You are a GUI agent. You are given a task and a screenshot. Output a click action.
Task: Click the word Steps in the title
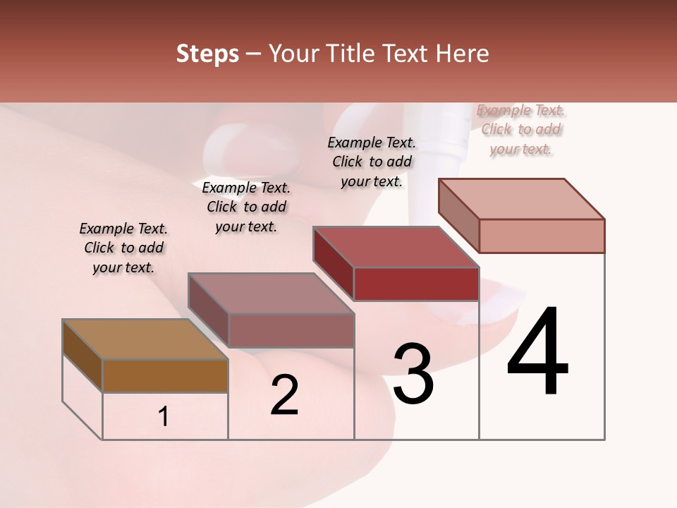pyautogui.click(x=207, y=54)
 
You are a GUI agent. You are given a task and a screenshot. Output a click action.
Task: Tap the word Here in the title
pyautogui.click(x=463, y=54)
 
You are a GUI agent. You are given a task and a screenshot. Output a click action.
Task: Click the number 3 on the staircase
pyautogui.click(x=413, y=374)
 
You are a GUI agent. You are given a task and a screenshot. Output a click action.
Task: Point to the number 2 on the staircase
pyautogui.click(x=284, y=395)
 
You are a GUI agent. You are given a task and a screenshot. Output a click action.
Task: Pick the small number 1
pyautogui.click(x=164, y=417)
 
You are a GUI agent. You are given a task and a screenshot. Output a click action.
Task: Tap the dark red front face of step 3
pyautogui.click(x=416, y=284)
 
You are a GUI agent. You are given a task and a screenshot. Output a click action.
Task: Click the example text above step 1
pyautogui.click(x=123, y=248)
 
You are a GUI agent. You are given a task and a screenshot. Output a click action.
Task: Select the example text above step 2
pyautogui.click(x=246, y=207)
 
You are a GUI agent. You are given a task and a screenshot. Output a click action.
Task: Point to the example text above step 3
pyautogui.click(x=372, y=162)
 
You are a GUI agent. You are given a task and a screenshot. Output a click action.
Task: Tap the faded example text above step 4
pyautogui.click(x=521, y=129)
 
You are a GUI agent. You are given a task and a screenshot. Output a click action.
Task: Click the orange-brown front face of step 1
pyautogui.click(x=165, y=376)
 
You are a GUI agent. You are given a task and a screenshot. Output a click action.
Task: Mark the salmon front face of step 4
pyautogui.click(x=542, y=236)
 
